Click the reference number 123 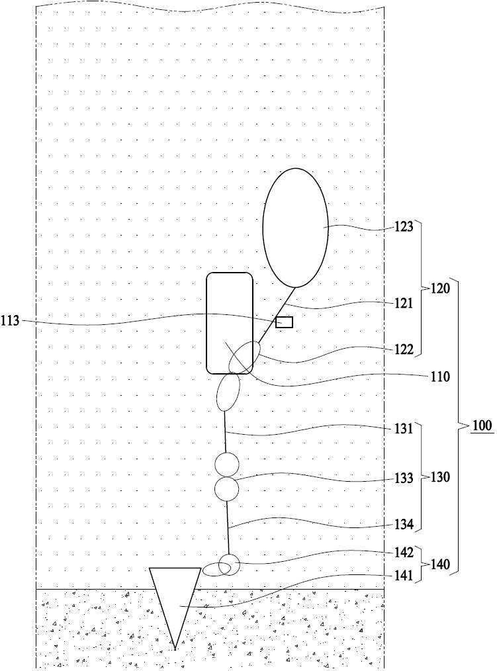click(404, 226)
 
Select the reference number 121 click(404, 303)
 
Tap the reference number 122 click(404, 349)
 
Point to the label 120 click(440, 289)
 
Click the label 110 click(440, 377)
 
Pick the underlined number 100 click(482, 425)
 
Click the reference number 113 click(11, 320)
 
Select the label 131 click(404, 428)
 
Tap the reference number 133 click(404, 478)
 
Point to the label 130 click(440, 477)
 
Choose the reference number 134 click(404, 524)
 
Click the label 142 click(404, 553)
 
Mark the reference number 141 click(404, 576)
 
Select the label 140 click(440, 564)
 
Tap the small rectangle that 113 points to click(285, 322)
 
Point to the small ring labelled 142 click(229, 555)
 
